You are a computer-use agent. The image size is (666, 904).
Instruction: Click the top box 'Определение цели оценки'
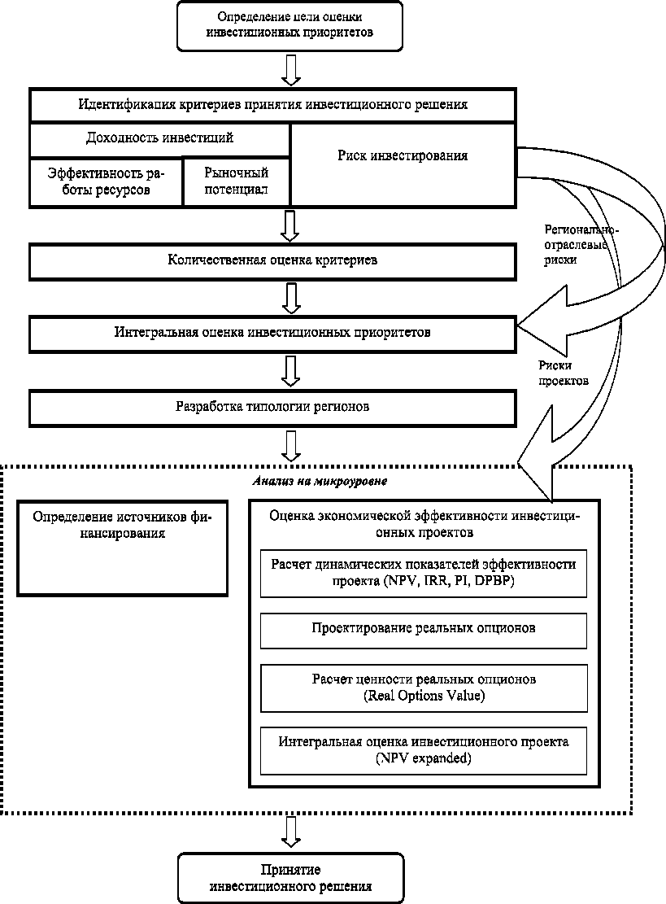290,26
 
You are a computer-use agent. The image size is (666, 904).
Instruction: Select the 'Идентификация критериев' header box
272,105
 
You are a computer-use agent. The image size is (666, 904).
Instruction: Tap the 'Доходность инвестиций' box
160,139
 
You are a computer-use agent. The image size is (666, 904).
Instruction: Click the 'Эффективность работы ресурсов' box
106,181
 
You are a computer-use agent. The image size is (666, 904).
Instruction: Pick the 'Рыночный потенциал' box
237,181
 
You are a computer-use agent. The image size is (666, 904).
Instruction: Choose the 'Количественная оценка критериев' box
272,260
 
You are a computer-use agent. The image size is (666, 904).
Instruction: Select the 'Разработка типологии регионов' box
272,406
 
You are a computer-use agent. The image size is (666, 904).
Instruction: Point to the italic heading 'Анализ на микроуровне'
320,481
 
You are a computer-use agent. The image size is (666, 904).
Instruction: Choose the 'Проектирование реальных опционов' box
423,629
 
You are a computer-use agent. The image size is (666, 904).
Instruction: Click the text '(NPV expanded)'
423,759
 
